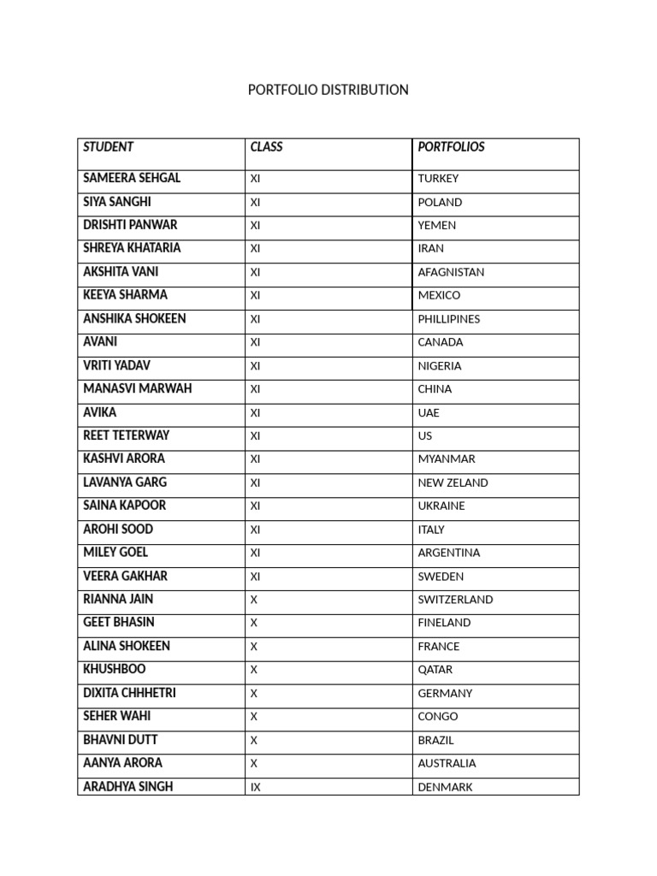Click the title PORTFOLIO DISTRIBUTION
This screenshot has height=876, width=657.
328,90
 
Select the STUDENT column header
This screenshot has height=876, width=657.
109,147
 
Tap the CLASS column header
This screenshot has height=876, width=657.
266,147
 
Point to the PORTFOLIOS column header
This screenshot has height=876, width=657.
451,147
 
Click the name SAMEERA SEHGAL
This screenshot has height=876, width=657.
132,178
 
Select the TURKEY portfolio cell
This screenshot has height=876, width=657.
438,179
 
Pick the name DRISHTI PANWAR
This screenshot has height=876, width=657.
130,225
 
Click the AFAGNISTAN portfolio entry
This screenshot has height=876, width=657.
451,272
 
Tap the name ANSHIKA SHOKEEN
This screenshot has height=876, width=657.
134,318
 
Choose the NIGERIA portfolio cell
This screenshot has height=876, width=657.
440,365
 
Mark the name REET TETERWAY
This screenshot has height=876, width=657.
127,435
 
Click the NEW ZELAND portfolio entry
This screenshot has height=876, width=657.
453,482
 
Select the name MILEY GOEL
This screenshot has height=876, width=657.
115,552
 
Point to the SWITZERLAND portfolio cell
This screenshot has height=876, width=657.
455,600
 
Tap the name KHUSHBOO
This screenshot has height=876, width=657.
115,669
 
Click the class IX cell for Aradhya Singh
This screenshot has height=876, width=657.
255,787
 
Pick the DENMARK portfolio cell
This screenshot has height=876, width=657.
445,787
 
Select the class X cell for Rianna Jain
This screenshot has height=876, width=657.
253,600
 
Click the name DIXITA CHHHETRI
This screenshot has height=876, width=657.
129,693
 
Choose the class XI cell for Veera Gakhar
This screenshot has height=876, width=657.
255,576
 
